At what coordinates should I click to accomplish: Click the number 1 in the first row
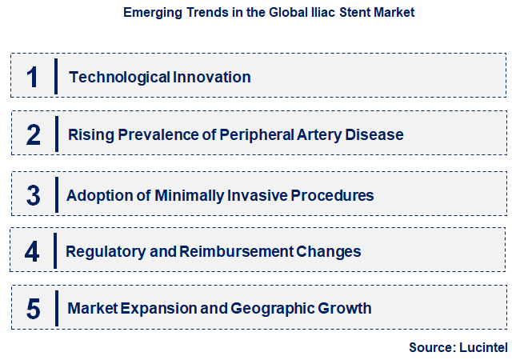[33, 77]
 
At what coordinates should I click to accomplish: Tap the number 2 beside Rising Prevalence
[33, 134]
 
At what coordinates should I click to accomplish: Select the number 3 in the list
[33, 195]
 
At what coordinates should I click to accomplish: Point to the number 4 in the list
[32, 251]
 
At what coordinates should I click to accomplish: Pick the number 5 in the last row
[33, 308]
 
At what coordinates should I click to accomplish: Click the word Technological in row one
[119, 77]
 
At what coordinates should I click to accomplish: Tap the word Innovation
[212, 77]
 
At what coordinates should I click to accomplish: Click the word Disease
[374, 134]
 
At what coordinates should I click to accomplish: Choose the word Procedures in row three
[334, 195]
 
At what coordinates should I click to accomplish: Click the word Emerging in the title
[151, 14]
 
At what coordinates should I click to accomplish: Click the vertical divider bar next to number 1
[56, 77]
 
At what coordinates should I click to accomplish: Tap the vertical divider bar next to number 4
[54, 251]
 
